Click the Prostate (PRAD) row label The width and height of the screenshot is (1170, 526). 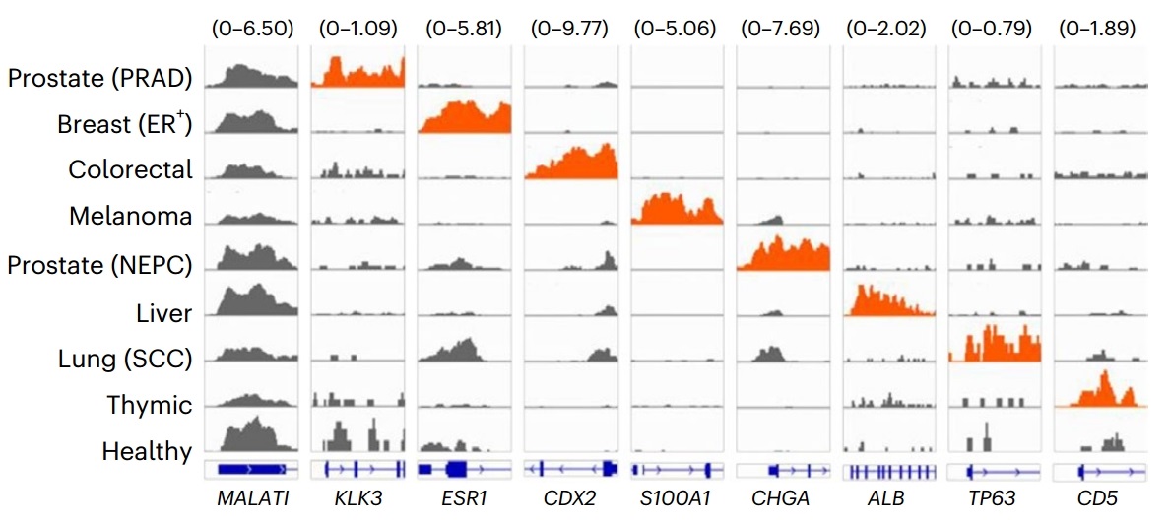[98, 78]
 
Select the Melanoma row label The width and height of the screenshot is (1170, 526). [131, 216]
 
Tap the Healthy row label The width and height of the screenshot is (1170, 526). [147, 452]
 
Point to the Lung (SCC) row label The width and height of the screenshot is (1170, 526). [124, 360]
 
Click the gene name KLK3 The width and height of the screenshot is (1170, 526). [357, 499]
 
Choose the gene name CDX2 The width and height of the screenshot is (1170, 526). [570, 499]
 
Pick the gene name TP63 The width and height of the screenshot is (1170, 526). [994, 499]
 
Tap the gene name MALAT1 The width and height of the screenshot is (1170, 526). [252, 499]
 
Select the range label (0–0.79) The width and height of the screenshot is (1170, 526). [992, 29]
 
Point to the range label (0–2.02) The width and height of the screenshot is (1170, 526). [886, 29]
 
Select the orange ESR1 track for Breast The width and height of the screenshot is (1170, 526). [465, 118]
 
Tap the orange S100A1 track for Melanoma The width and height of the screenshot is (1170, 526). [677, 210]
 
